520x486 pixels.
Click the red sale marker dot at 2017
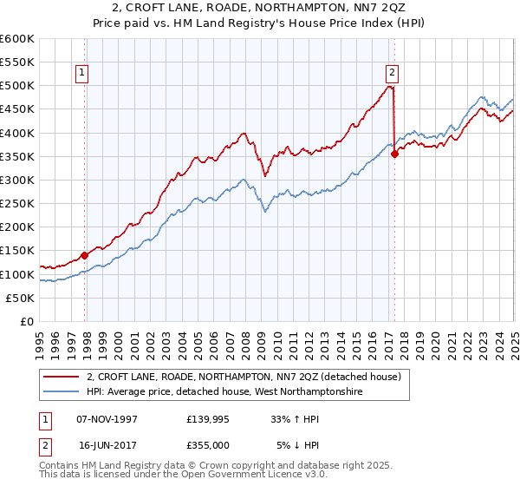[x=394, y=154]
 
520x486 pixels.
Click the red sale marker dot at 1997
[x=85, y=255]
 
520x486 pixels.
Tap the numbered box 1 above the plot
[x=81, y=74]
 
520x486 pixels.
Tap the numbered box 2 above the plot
[x=392, y=74]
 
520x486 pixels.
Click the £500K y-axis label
[x=18, y=86]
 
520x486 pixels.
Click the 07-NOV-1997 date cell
[x=107, y=419]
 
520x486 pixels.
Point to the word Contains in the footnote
[x=61, y=466]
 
